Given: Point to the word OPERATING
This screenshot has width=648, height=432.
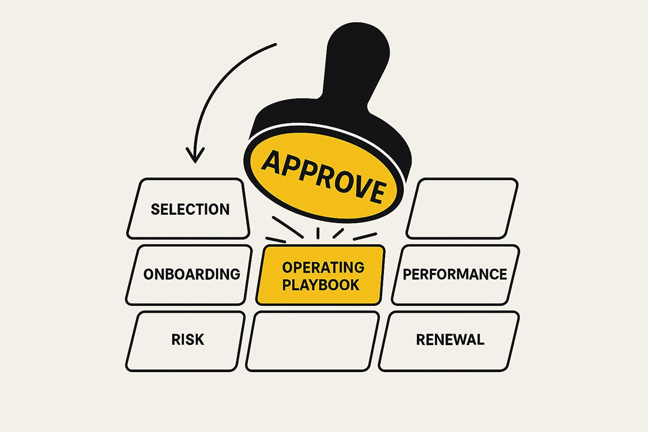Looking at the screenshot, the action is click(323, 267).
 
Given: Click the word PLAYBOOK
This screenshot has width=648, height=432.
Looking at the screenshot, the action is click(321, 284).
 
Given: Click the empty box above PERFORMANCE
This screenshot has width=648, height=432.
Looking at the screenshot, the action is click(462, 208).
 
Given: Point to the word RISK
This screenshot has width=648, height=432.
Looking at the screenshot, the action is click(188, 340).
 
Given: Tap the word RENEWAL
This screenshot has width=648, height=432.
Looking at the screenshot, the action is click(450, 340).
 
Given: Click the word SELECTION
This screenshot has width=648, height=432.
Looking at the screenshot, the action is click(190, 209).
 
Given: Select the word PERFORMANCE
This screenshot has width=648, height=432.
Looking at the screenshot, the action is click(455, 275).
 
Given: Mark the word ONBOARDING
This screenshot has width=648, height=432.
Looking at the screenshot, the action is click(192, 275).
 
